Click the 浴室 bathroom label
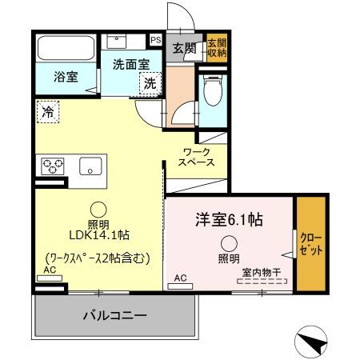tap(66, 78)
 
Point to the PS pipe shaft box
tap(154, 38)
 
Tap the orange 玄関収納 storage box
tap(217, 47)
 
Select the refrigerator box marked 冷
tap(48, 113)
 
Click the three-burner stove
tap(53, 166)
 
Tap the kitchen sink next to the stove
tap(90, 166)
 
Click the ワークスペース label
tap(197, 156)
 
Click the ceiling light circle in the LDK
tap(98, 207)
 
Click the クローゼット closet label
tap(312, 243)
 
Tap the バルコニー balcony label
tap(115, 316)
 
